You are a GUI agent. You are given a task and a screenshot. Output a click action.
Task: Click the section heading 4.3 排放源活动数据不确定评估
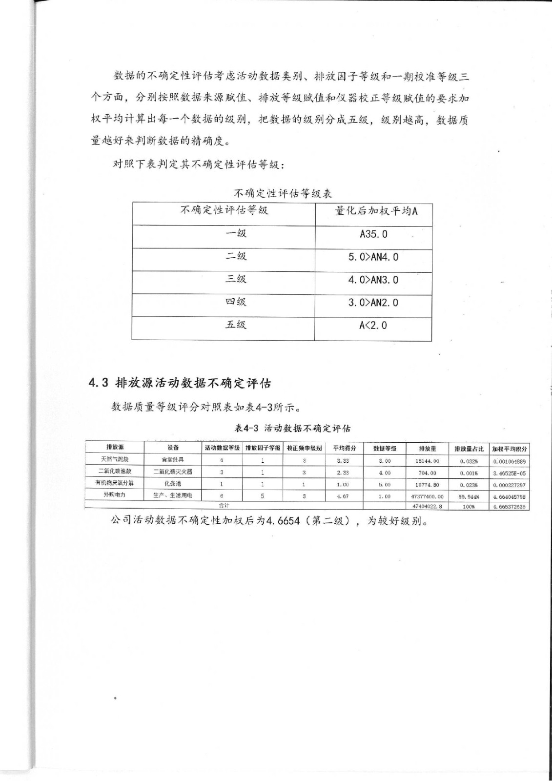pos(180,383)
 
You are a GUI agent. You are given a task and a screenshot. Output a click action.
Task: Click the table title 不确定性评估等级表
pos(283,193)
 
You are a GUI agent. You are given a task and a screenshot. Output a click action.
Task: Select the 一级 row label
pos(236,233)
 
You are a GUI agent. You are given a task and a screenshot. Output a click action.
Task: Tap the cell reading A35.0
pos(373,234)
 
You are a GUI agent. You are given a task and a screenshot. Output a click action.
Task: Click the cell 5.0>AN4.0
pos(373,257)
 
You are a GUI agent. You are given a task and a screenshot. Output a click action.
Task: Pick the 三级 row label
pos(236,279)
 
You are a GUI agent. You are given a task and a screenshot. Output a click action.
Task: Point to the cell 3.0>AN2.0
pos(373,303)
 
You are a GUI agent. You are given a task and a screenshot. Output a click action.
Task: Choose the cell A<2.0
pos(373,325)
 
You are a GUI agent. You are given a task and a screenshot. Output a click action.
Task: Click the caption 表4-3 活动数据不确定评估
pos(292,429)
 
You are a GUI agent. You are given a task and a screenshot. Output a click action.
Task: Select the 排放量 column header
pos(428,448)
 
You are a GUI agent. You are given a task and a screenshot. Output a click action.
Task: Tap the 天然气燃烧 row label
pos(115,459)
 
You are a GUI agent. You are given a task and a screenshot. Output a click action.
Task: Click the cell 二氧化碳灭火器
pos(173,472)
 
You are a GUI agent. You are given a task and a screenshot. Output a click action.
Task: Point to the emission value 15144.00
pos(428,461)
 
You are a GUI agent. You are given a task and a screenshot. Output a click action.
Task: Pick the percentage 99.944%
pos(469,496)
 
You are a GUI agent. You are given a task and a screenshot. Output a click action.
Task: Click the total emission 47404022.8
pos(428,506)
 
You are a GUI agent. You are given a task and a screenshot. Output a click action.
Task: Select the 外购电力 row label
pos(115,495)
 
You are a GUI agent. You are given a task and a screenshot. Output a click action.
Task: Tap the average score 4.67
pos(343,496)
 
